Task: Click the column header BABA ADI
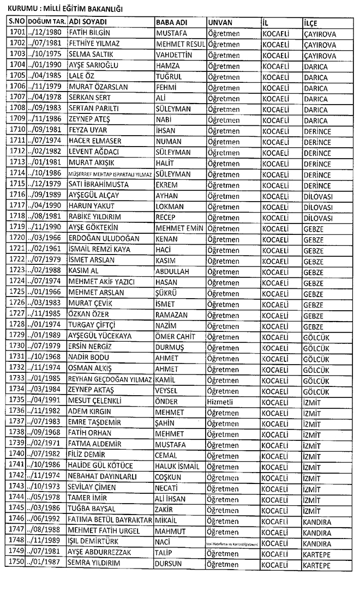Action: [171, 22]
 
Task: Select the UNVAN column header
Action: [220, 22]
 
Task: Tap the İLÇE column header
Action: [311, 23]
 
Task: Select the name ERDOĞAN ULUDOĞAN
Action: [104, 239]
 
